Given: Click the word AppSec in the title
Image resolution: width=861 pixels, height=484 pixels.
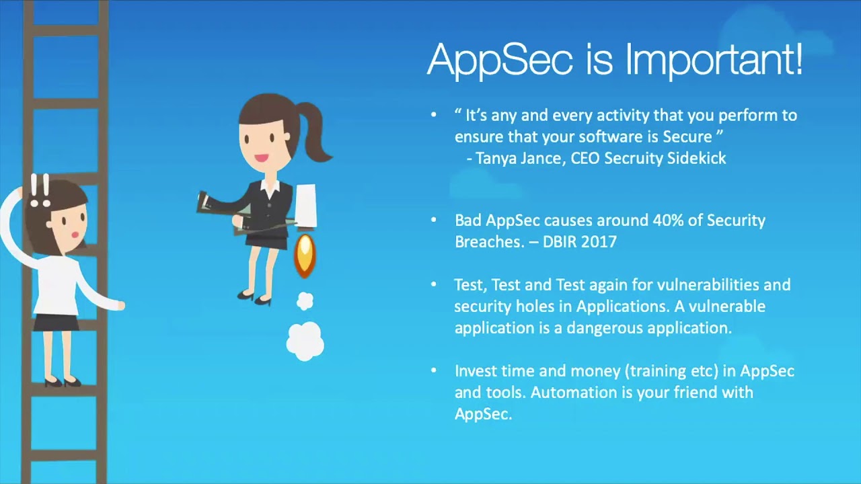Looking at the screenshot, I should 500,60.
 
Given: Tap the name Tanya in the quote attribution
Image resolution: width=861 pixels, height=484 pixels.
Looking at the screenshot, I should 496,158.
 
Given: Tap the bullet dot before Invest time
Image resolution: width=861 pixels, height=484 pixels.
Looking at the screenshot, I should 434,370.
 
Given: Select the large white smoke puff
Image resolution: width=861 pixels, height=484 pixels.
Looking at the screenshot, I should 305,341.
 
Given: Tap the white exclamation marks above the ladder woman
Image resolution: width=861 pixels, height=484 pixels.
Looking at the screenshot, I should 40,190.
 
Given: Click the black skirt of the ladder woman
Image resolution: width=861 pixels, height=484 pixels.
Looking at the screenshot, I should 56,322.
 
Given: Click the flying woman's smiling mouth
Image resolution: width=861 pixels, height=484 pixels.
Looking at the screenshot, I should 260,159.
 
